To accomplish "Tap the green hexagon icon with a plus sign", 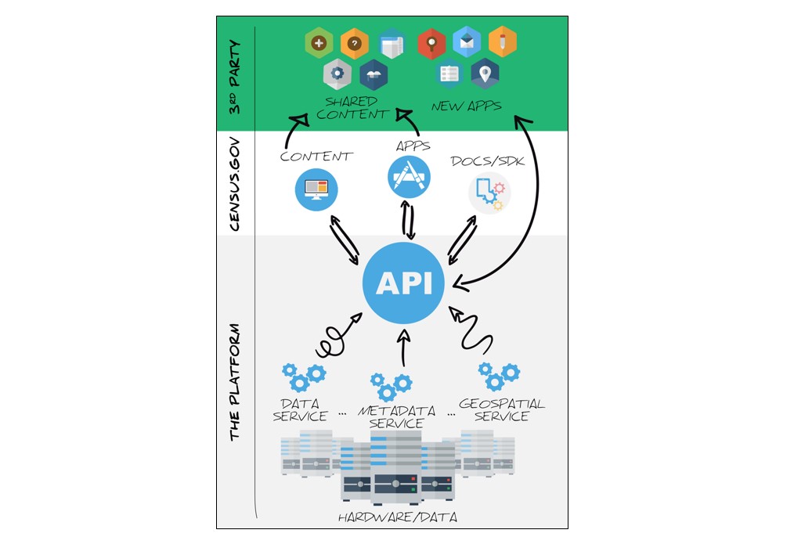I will coord(318,44).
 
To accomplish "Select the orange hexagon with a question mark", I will coord(354,44).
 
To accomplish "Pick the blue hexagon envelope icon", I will coord(467,42).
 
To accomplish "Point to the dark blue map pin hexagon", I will coord(485,74).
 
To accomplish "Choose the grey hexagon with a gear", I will coord(337,74).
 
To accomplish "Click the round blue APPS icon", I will coord(409,176).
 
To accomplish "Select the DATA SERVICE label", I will coord(301,410).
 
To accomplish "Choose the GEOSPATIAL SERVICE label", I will coord(502,410).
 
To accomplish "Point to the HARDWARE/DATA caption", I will coord(397,517).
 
